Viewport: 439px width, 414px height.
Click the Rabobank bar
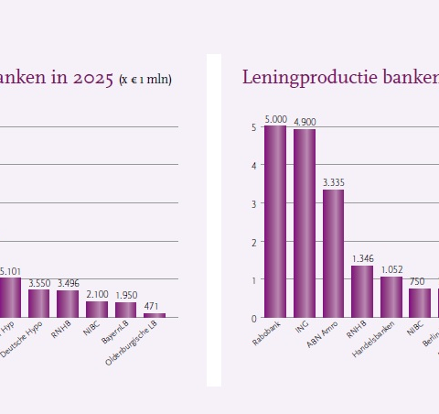point(275,222)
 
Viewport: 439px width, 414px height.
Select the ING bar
point(305,223)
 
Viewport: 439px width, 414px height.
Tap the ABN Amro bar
point(333,254)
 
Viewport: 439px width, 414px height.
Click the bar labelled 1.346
point(362,291)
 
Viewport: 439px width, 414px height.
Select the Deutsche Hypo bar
point(39,303)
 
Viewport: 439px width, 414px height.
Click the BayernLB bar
point(126,310)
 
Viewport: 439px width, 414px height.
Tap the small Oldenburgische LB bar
point(155,315)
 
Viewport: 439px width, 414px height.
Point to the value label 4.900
point(305,123)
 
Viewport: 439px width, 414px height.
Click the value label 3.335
point(334,183)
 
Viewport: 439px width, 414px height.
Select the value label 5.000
point(275,119)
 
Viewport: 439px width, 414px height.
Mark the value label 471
point(155,307)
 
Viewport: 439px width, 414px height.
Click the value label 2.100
point(97,294)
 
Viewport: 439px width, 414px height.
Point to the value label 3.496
point(69,284)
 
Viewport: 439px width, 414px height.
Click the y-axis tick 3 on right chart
point(253,203)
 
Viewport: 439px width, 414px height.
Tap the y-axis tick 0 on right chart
point(253,319)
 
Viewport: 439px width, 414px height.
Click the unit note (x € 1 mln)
point(145,81)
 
